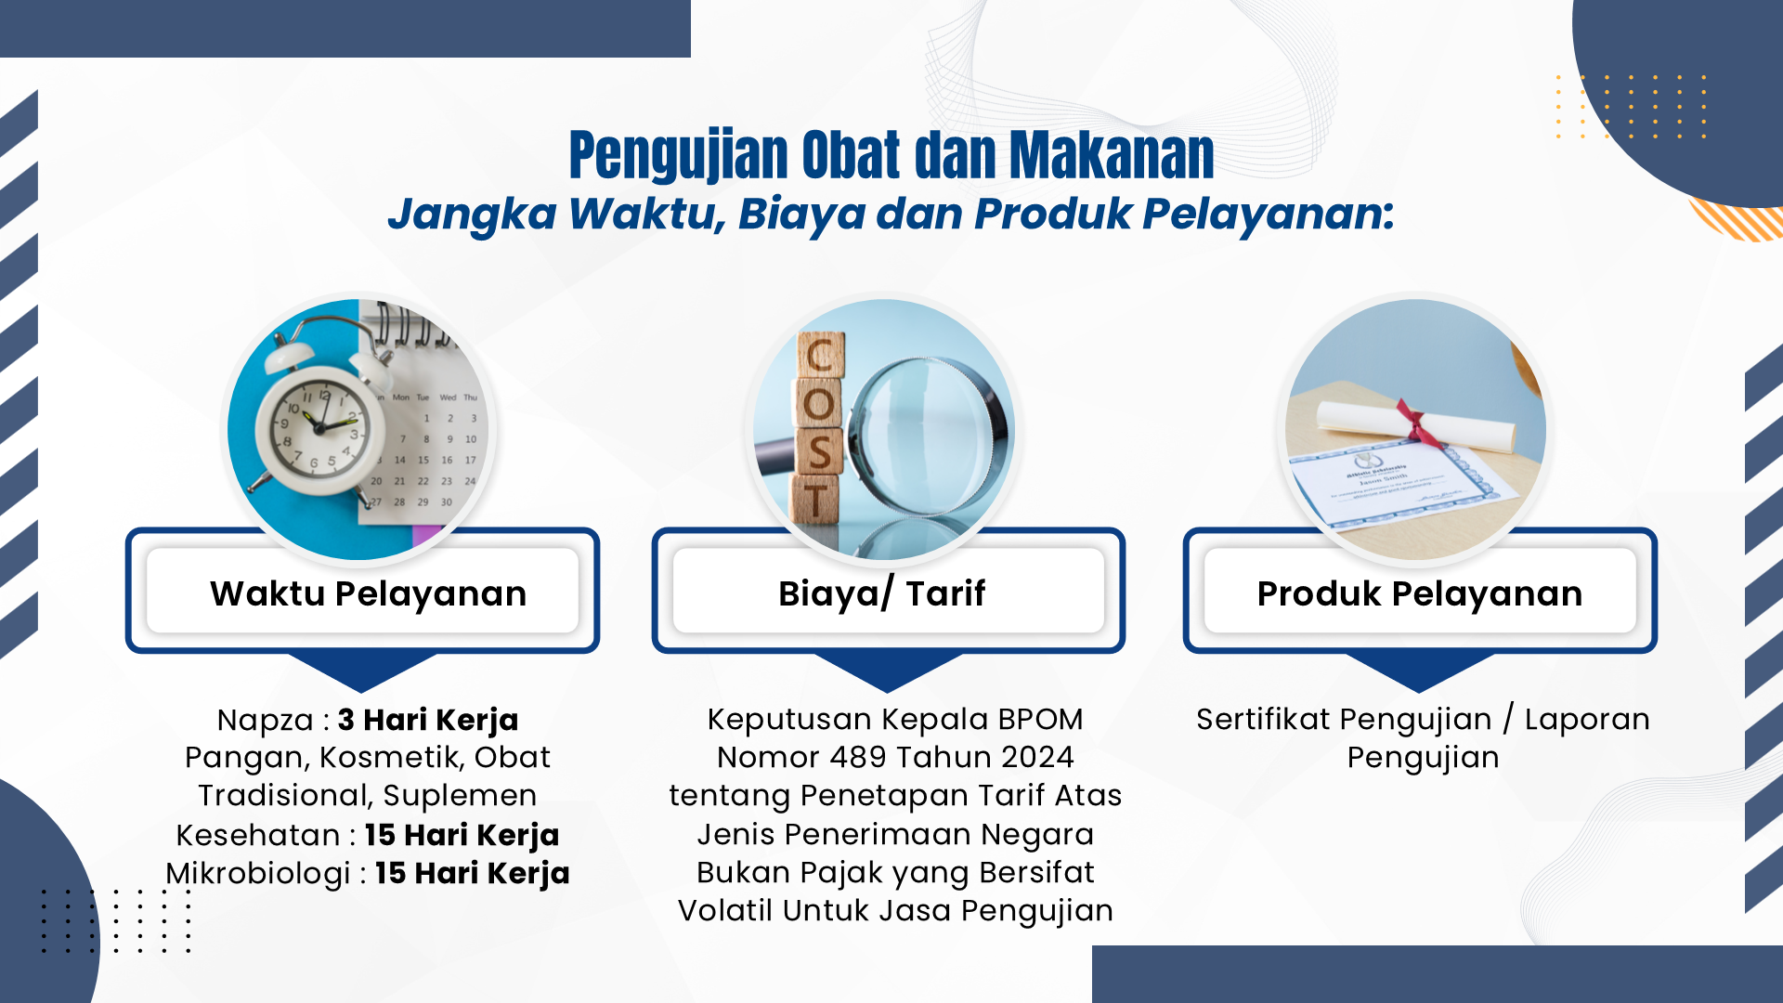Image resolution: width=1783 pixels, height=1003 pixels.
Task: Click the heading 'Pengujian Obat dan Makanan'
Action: pos(891,154)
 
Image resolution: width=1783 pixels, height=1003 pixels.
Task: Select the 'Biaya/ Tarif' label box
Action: pos(889,592)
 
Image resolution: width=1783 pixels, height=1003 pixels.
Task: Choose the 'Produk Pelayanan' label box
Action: pos(1420,592)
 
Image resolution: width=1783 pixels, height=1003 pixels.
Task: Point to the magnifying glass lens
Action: pos(924,436)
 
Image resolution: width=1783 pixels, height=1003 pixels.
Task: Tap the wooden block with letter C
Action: pos(821,355)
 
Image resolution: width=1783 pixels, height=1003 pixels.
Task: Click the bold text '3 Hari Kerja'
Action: pos(428,720)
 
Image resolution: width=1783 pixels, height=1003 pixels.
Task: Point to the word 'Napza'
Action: pos(266,720)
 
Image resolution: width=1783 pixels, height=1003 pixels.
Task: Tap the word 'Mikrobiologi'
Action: pos(258,873)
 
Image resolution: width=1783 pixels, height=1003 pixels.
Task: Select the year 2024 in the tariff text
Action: pos(1036,757)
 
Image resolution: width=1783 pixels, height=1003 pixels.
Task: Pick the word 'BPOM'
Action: pos(1039,719)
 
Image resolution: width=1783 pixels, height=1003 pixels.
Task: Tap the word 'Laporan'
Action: pos(1587,720)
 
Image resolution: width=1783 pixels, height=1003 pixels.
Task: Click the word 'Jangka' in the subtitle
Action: pos(472,215)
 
